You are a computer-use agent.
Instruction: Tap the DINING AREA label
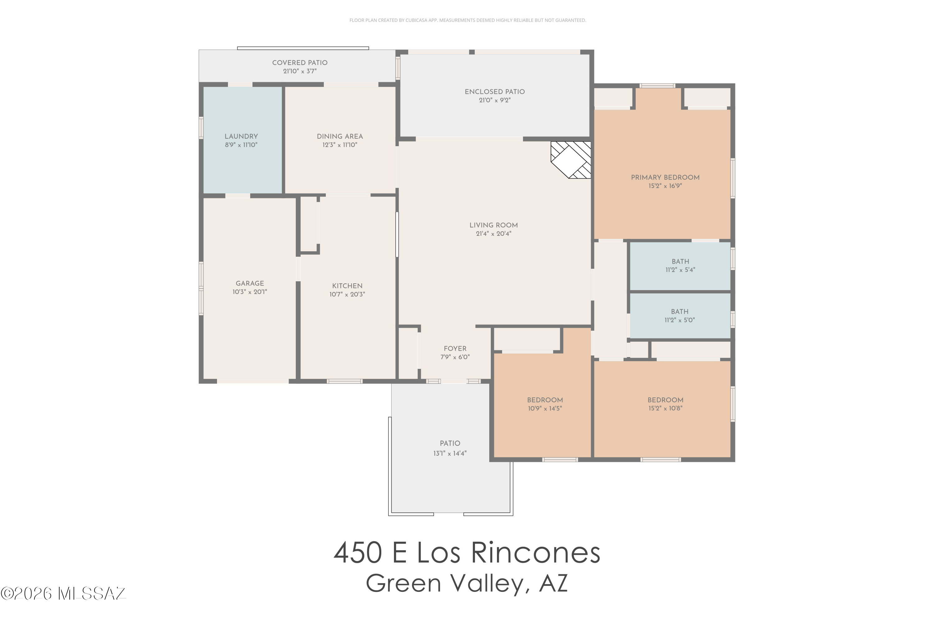[x=340, y=137]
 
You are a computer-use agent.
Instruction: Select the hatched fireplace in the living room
[x=572, y=160]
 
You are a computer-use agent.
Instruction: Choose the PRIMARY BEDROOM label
[x=665, y=178]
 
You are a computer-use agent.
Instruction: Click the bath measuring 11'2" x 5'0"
[x=680, y=316]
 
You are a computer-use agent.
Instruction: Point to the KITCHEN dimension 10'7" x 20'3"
[x=347, y=294]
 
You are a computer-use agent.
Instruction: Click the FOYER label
[x=455, y=349]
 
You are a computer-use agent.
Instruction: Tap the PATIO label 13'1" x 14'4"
[x=449, y=448]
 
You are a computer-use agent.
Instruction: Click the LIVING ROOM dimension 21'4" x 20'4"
[x=494, y=234]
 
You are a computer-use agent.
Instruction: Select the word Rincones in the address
[x=536, y=553]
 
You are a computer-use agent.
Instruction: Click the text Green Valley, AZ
[x=466, y=583]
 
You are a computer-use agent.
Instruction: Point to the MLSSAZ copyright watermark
[x=63, y=593]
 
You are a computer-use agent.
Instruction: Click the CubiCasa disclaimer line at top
[x=467, y=20]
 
